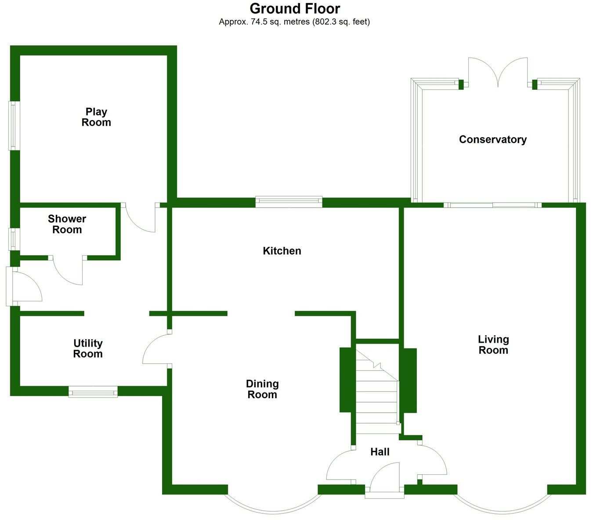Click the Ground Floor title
[x=295, y=8]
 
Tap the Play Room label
[x=96, y=117]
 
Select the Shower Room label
[x=67, y=224]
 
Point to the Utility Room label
[x=88, y=348]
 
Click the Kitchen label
[x=282, y=251]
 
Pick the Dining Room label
[x=262, y=389]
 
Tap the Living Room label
[x=493, y=344]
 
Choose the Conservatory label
[x=492, y=139]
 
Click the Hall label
[x=380, y=452]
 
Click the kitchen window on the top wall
[x=289, y=201]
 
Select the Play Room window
[x=14, y=126]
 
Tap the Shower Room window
[x=14, y=239]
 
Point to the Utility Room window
[x=93, y=391]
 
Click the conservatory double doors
[x=498, y=73]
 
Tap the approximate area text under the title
[x=294, y=22]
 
